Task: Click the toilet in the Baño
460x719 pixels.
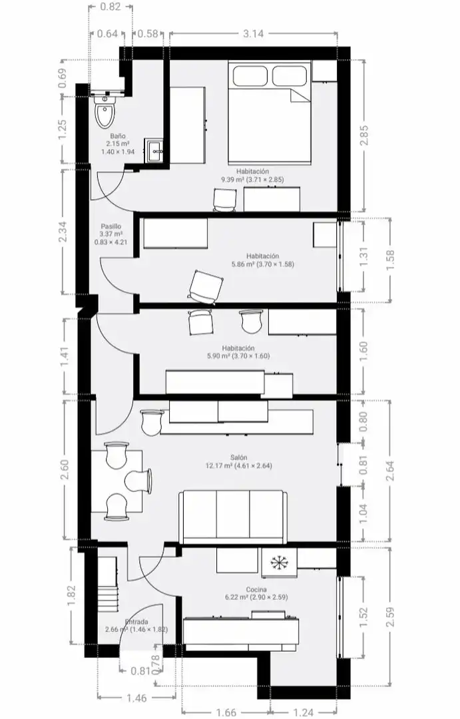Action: coord(105,112)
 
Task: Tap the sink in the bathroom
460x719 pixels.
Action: coord(154,150)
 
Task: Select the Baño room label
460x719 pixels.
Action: coord(118,136)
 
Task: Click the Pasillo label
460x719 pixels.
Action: coord(111,226)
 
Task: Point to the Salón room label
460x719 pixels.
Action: coord(239,457)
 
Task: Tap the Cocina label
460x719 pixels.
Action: coord(256,589)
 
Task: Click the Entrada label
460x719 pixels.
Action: coord(136,622)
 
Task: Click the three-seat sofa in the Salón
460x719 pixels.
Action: coord(234,517)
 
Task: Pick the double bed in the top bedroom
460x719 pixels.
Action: coord(270,113)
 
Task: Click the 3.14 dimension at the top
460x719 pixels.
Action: coord(254,33)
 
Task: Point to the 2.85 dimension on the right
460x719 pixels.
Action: coord(363,136)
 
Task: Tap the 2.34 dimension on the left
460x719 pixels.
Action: coord(63,232)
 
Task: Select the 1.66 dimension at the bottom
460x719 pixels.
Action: coord(226,712)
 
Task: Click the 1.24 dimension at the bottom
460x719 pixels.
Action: coord(303,712)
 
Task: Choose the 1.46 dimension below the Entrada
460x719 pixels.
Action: coord(136,698)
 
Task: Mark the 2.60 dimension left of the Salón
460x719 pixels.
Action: coord(65,470)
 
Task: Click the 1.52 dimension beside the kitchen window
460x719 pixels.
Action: coord(363,618)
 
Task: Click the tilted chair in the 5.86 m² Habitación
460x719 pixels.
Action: coord(206,287)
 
